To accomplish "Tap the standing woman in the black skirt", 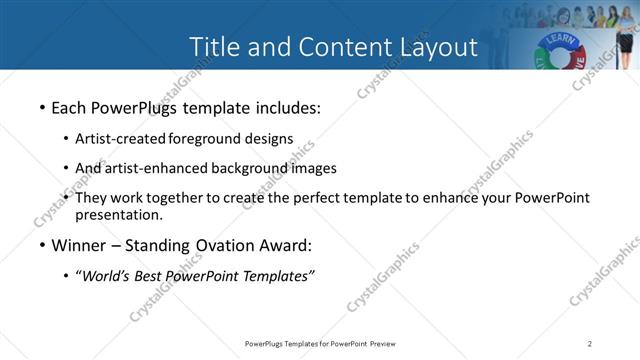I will click(627, 40).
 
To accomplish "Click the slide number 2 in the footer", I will click(590, 344).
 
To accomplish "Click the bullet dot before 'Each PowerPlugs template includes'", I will click(41, 107).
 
